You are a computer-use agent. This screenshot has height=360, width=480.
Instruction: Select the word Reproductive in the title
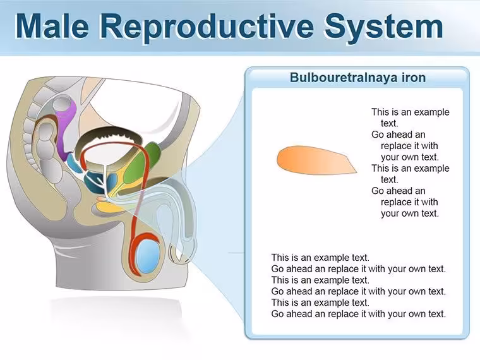(207, 28)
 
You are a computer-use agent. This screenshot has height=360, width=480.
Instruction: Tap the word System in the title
(384, 28)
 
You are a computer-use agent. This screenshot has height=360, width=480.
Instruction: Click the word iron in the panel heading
(414, 78)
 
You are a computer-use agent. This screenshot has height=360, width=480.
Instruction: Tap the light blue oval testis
(148, 256)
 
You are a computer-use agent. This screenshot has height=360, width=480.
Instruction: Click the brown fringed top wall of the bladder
(108, 136)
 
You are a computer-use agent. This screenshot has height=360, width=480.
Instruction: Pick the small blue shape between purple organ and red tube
(74, 163)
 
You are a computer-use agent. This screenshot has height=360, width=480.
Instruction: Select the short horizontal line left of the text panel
(236, 253)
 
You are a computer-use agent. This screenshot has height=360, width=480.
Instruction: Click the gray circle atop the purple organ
(63, 105)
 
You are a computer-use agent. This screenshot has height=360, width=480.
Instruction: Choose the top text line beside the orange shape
(410, 112)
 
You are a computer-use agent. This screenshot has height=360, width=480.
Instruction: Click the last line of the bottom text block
(358, 314)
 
